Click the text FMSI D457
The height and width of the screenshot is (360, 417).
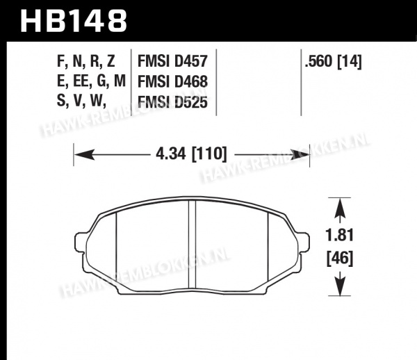pos(172,61)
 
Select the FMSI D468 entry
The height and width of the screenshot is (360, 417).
pos(172,81)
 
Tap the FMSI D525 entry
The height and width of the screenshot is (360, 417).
pos(172,102)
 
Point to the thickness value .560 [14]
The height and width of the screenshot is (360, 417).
pos(333,62)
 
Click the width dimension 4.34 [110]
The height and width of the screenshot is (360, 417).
pos(191,154)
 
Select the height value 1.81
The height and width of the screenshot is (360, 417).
pos(340,236)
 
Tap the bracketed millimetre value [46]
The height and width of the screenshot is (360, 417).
pos(340,259)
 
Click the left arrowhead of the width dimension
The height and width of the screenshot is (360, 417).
pos(84,154)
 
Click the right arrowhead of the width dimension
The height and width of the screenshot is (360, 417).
pos(300,154)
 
